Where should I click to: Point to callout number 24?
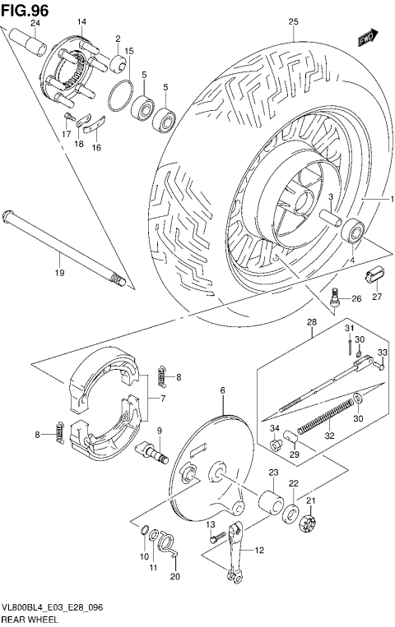[x=35, y=22]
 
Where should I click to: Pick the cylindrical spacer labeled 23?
[x=269, y=502]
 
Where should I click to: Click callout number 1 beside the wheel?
[x=392, y=200]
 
